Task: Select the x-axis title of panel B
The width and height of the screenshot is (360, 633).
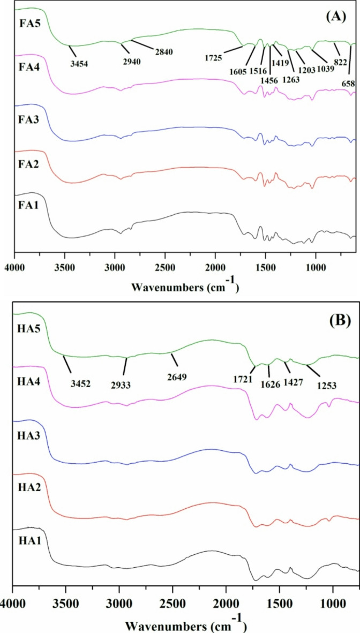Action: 184,623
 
